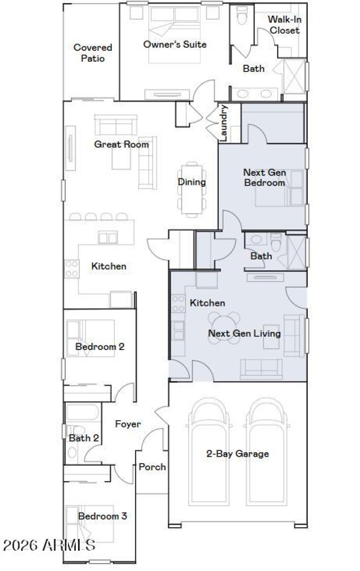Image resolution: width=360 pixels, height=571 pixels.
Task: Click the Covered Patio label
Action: tap(93, 53)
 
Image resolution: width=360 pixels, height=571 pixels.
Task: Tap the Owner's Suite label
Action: tap(175, 44)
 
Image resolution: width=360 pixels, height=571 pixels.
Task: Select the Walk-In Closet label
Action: tap(284, 25)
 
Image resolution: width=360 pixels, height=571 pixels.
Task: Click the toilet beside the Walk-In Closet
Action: tap(242, 15)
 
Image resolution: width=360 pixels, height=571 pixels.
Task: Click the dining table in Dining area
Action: tap(192, 189)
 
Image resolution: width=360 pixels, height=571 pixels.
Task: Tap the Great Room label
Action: tap(121, 144)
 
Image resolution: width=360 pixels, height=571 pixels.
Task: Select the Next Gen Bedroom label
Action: tap(264, 177)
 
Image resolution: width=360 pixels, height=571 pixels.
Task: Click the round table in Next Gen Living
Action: tap(224, 328)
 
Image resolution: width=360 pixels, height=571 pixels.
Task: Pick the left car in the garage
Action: tap(208, 452)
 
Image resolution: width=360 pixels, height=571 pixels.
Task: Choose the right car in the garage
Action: tap(266, 452)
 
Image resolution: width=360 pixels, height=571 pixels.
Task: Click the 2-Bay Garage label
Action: tap(237, 454)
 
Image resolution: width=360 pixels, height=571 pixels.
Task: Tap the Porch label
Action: tap(152, 467)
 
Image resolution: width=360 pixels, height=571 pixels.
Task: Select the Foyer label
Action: tap(128, 424)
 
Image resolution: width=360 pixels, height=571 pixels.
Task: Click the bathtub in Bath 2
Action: tap(82, 412)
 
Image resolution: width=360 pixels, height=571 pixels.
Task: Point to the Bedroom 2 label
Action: tap(99, 347)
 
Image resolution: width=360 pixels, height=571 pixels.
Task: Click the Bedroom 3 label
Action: tap(102, 516)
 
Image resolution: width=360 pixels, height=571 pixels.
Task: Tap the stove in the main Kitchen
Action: tap(72, 269)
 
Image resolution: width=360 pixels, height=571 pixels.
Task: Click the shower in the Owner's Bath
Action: tap(294, 76)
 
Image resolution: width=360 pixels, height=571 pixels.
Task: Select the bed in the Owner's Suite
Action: tap(175, 34)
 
